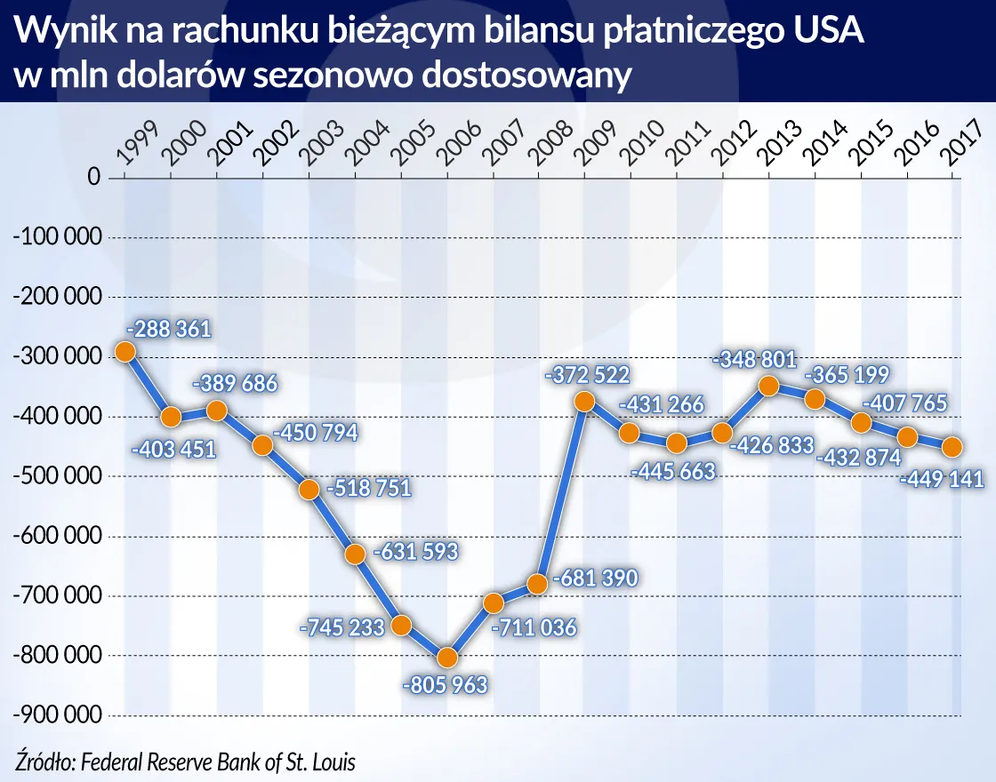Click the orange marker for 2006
(x=447, y=658)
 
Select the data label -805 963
(x=445, y=686)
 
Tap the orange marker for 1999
(x=124, y=352)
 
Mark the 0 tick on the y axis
(x=92, y=177)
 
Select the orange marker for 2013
(x=769, y=386)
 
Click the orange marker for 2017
(x=952, y=446)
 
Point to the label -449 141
(x=942, y=480)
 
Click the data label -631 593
(x=415, y=552)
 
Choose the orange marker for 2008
(x=537, y=584)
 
